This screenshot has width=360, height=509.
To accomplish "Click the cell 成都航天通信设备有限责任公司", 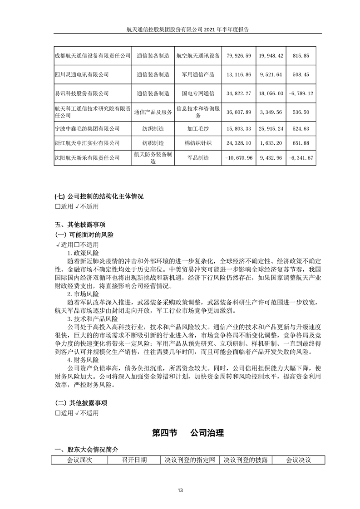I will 92,56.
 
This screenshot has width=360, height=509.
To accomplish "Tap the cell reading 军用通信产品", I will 197,74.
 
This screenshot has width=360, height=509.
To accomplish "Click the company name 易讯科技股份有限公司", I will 81,93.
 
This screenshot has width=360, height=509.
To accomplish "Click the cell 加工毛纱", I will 197,129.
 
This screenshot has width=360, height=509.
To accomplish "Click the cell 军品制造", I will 197,158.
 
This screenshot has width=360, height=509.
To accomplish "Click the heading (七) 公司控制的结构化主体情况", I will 99,197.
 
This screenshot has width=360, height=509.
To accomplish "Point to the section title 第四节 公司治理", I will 188,433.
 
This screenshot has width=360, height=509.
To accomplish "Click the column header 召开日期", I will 134,460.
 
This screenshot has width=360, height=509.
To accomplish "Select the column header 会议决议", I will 298,460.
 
